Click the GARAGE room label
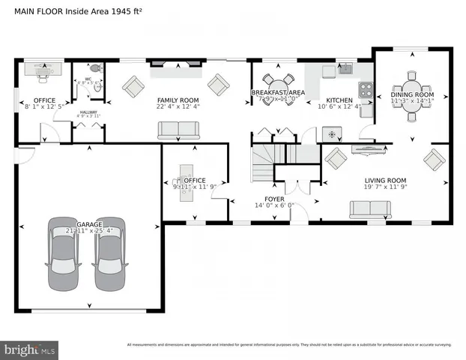tap(88, 224)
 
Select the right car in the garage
tap(109, 253)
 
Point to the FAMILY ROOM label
tap(178, 100)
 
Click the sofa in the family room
tap(178, 131)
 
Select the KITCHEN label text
tap(339, 100)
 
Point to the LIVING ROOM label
tap(385, 181)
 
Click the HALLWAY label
tap(88, 113)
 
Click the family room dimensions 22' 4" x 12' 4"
tap(178, 107)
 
